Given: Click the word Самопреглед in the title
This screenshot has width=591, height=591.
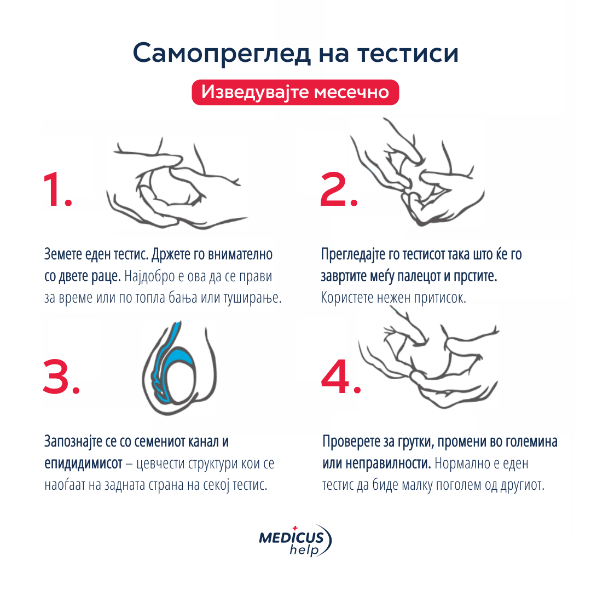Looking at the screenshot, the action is tap(222, 53).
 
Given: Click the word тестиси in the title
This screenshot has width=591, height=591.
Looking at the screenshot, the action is tap(408, 53).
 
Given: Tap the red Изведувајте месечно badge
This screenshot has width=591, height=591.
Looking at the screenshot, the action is tap(295, 92).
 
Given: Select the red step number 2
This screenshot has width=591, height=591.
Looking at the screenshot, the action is tap(339, 189).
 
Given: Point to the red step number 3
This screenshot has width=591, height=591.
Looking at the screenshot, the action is tap(61, 376).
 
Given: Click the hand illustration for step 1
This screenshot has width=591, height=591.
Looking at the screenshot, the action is tap(176, 183).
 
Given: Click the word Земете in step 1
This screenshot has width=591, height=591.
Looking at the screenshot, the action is tap(63, 254).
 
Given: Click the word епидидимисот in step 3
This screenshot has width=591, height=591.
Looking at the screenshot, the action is tap(83, 463).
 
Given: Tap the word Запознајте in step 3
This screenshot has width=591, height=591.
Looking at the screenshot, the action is tap(73, 442).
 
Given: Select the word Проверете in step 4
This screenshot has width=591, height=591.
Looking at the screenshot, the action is tap(351, 442).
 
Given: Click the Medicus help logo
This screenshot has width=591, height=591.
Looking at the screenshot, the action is tap(295, 541).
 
